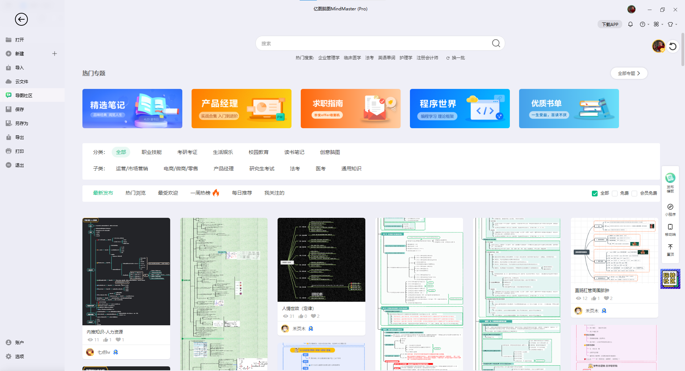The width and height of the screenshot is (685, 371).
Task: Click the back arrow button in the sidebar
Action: (21, 19)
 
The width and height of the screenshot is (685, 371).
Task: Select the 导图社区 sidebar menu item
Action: (24, 95)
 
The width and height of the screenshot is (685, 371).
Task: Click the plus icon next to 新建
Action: (55, 54)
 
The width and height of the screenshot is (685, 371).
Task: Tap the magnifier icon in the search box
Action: (496, 43)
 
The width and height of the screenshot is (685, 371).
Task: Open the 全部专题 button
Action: (629, 73)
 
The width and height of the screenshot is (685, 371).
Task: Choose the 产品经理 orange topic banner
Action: (241, 109)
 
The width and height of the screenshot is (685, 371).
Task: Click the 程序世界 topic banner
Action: (460, 109)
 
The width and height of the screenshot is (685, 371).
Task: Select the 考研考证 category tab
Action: (187, 152)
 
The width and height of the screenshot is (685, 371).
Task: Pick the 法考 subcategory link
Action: (295, 169)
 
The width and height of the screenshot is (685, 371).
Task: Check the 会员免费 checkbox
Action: (634, 193)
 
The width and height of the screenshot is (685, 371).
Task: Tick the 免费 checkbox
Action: (615, 193)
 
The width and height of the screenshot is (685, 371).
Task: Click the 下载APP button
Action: (610, 24)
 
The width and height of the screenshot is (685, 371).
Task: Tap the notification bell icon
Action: (630, 24)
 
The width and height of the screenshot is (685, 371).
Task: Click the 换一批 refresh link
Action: (456, 58)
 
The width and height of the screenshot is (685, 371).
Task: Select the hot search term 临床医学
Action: (352, 58)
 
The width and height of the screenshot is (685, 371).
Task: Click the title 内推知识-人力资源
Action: (105, 332)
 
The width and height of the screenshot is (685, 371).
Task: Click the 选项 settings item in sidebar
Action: (19, 356)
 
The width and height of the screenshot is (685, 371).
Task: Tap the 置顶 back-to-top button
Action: (670, 250)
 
